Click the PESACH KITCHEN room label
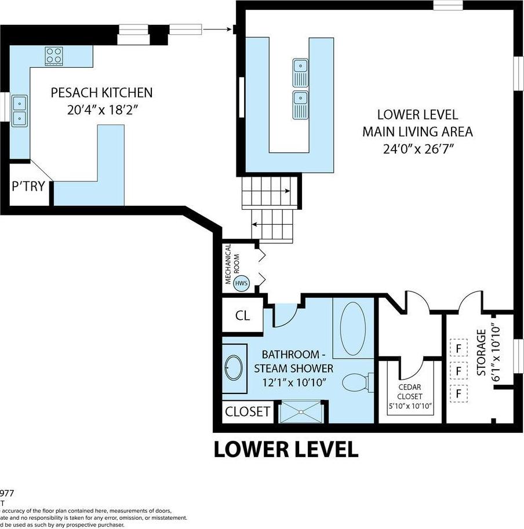tap(101, 92)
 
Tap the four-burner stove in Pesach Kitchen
tap(54, 56)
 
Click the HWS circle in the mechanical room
tap(241, 284)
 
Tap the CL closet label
tap(242, 316)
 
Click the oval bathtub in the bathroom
tap(352, 328)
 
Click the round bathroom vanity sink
tap(234, 368)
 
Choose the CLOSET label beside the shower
tap(248, 412)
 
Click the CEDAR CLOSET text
tap(409, 392)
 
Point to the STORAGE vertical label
tap(481, 353)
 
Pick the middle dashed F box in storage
tap(459, 371)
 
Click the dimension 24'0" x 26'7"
tap(417, 149)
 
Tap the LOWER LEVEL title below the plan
tap(286, 449)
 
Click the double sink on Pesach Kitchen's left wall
tap(19, 110)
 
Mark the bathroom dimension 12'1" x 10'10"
tap(297, 382)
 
